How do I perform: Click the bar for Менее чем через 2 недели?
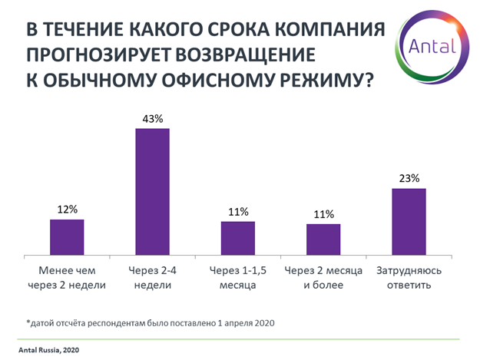pyautogui.click(x=67, y=236)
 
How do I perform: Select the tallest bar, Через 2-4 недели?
pyautogui.click(x=152, y=191)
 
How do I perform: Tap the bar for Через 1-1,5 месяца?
pyautogui.click(x=238, y=238)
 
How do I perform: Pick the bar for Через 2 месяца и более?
pyautogui.click(x=323, y=239)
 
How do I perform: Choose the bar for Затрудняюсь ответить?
pyautogui.click(x=409, y=221)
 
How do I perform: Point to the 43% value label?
pyautogui.click(x=152, y=119)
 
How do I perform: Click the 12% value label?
pyautogui.click(x=67, y=210)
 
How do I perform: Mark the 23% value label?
pyautogui.click(x=409, y=179)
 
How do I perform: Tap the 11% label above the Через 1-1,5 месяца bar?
pyautogui.click(x=238, y=211)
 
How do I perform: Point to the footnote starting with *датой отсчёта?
pyautogui.click(x=146, y=322)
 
